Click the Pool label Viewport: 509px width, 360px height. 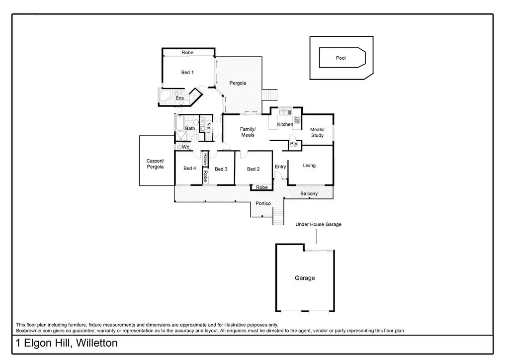pyautogui.click(x=340, y=58)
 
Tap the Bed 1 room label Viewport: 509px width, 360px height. pyautogui.click(x=187, y=73)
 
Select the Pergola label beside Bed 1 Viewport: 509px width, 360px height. pyautogui.click(x=238, y=83)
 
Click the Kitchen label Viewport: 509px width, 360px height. pyautogui.click(x=285, y=124)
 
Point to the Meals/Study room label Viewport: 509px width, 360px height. pyautogui.click(x=317, y=133)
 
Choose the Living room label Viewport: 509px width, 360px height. pyautogui.click(x=309, y=166)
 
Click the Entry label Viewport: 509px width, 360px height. pyautogui.click(x=280, y=167)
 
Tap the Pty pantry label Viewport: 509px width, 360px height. pyautogui.click(x=294, y=144)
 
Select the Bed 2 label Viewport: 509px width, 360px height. pyautogui.click(x=254, y=169)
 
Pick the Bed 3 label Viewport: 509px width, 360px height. pyautogui.click(x=221, y=169)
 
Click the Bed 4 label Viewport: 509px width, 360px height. pyautogui.click(x=189, y=169)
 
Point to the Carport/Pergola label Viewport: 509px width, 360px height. pyautogui.click(x=155, y=164)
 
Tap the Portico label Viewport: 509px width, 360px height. pyautogui.click(x=263, y=203)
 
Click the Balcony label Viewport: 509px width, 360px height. pyautogui.click(x=309, y=194)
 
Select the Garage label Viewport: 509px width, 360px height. pyautogui.click(x=305, y=278)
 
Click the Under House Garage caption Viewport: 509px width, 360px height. pyautogui.click(x=318, y=225)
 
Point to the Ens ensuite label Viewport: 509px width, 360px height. pyautogui.click(x=179, y=98)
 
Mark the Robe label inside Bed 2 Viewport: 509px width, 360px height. pyautogui.click(x=262, y=187)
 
